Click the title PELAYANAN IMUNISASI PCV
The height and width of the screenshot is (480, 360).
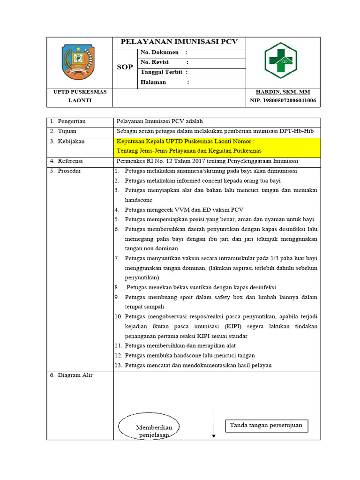pos(179,42)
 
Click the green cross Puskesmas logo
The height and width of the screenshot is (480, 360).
pos(280,60)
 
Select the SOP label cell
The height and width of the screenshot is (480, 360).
pos(125,67)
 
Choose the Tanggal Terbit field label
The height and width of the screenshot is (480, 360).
pos(164,72)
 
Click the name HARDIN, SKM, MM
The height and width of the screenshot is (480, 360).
pos(283,92)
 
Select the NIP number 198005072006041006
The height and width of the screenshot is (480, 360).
pos(283,100)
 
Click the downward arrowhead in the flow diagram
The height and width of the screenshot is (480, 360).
pos(214,435)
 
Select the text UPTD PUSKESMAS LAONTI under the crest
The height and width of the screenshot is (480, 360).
pos(80,96)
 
